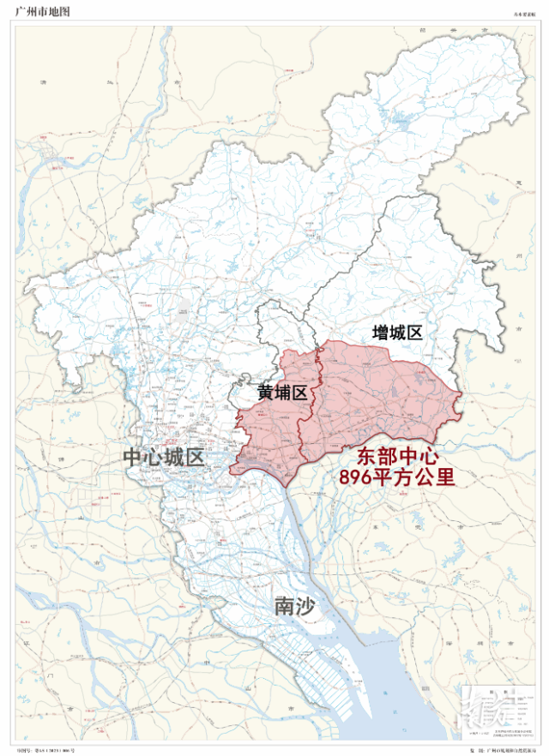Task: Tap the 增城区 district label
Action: pyautogui.click(x=398, y=333)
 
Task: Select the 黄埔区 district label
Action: pyautogui.click(x=282, y=393)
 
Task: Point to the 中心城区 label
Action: pyautogui.click(x=164, y=456)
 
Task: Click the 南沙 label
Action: pyautogui.click(x=295, y=607)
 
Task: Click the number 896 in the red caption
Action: pyautogui.click(x=359, y=477)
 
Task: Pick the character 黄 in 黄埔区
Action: pyautogui.click(x=266, y=393)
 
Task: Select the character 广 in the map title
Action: pyautogui.click(x=21, y=11)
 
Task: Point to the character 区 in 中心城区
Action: pyautogui.click(x=195, y=456)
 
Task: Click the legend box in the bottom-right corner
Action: pyautogui.click(x=495, y=712)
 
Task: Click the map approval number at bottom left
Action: pyautogui.click(x=54, y=747)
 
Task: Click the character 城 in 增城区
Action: pyautogui.click(x=398, y=333)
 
